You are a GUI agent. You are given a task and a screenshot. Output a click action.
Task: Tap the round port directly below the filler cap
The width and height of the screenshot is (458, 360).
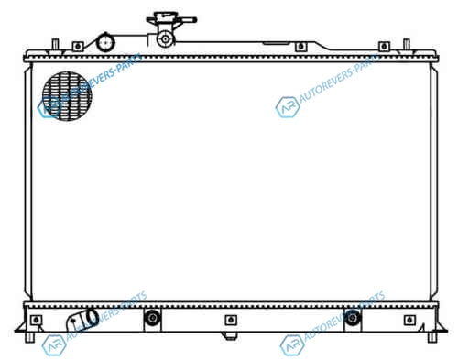pyautogui.click(x=166, y=38)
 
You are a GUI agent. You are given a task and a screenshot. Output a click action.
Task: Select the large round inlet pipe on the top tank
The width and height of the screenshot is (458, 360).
pyautogui.click(x=105, y=42)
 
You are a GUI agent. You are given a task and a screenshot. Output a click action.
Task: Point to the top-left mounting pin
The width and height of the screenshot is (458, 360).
pyautogui.click(x=55, y=45)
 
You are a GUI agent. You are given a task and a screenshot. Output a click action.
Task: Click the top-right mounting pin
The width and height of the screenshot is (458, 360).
pyautogui.click(x=406, y=45)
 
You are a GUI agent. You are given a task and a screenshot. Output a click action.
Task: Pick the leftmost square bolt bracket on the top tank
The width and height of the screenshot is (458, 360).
pyautogui.click(x=78, y=47)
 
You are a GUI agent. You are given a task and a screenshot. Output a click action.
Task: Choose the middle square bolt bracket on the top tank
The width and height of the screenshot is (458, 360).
pyautogui.click(x=300, y=47)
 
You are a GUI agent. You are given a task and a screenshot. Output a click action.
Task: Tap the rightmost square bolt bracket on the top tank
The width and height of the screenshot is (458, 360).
pyautogui.click(x=384, y=47)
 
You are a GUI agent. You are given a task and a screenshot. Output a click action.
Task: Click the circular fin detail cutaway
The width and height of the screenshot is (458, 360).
pyautogui.click(x=67, y=96)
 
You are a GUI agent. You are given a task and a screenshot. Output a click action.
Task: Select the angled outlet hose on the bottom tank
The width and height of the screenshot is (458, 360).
pyautogui.click(x=82, y=320)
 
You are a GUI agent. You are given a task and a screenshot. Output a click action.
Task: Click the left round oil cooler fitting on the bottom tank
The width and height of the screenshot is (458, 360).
pyautogui.click(x=152, y=318)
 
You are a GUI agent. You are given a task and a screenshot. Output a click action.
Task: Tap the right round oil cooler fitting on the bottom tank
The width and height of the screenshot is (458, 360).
pyautogui.click(x=353, y=318)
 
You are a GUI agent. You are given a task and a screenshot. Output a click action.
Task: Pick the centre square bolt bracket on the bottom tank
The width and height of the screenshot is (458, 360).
pyautogui.click(x=231, y=320)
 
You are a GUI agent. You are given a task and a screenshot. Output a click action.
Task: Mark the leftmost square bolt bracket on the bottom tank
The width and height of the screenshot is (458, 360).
pyautogui.click(x=37, y=320)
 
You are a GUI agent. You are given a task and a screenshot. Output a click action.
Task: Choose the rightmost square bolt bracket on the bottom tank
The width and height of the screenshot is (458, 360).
pyautogui.click(x=409, y=320)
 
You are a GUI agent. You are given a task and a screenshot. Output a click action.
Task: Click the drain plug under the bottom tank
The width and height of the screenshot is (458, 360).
pyautogui.click(x=231, y=336)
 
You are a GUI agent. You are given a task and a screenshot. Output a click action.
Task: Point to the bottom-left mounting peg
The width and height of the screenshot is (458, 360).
pyautogui.click(x=29, y=337)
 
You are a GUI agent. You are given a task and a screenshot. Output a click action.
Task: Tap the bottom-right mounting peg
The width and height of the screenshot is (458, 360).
pyautogui.click(x=432, y=337)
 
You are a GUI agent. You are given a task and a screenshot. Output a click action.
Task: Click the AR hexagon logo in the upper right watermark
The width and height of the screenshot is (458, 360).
pyautogui.click(x=288, y=107)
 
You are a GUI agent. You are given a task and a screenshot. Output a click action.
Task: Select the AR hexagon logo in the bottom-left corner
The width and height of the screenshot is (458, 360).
pyautogui.click(x=54, y=345)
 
